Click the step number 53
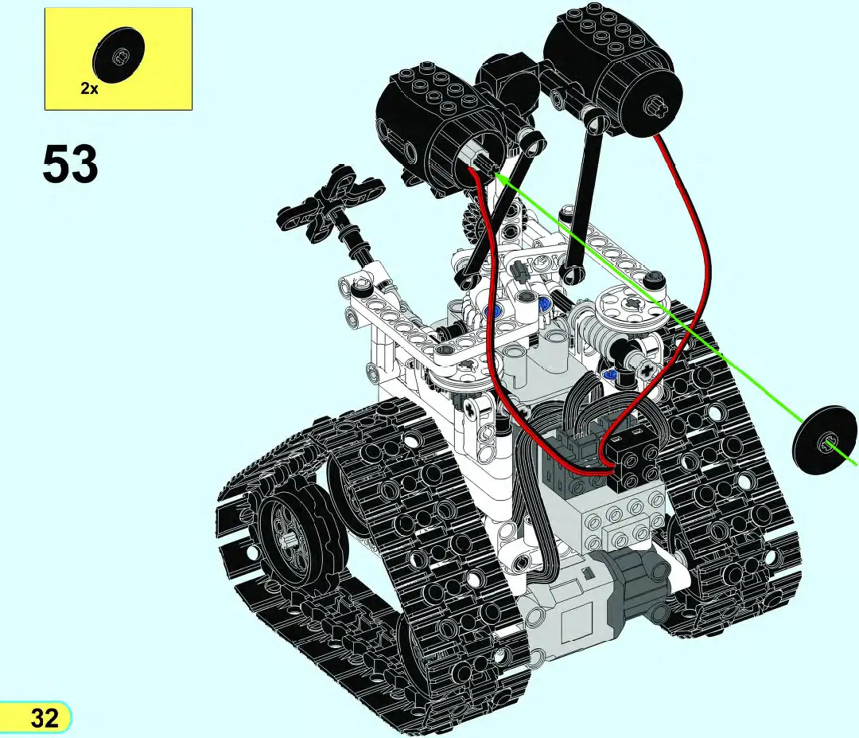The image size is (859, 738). click(x=70, y=165)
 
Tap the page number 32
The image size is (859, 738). click(x=45, y=717)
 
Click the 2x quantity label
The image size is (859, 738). click(x=89, y=89)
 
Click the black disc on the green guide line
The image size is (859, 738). click(x=825, y=443)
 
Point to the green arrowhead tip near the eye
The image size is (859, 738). click(x=496, y=174)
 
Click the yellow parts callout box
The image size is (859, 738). click(x=118, y=58)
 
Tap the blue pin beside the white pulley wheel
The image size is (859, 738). click(x=610, y=373)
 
